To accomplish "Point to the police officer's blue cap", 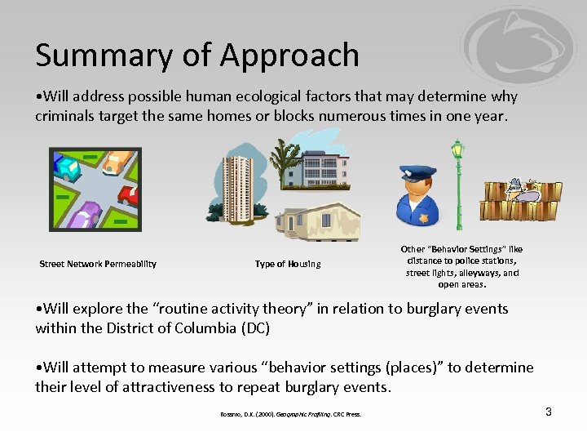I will (x=417, y=173).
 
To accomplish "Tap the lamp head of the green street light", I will (x=457, y=149).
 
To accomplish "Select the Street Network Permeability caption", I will (x=98, y=264).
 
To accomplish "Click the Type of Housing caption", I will (x=288, y=264).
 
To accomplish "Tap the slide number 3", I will (x=549, y=412).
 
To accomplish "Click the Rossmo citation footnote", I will (x=290, y=414).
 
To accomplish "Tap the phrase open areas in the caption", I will (x=461, y=285).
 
